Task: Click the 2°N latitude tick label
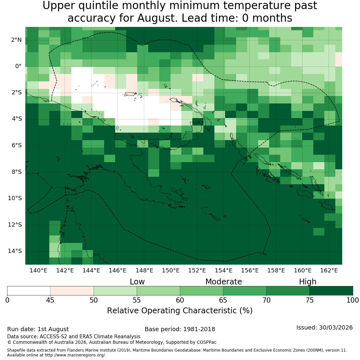click(x=16, y=40)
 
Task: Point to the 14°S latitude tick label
click(x=15, y=251)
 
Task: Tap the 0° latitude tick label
click(x=18, y=66)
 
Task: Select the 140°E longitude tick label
click(x=38, y=270)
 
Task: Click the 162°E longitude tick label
click(x=329, y=270)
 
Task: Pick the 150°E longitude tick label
click(x=171, y=270)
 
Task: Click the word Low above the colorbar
click(x=137, y=282)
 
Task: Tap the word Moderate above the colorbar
click(x=223, y=282)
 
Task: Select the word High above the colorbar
click(x=307, y=282)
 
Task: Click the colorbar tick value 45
click(x=50, y=300)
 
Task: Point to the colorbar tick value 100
click(x=353, y=300)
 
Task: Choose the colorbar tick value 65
click(x=223, y=300)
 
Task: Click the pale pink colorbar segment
click(x=72, y=291)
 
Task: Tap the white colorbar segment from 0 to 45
click(x=29, y=291)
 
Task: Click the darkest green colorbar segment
click(x=331, y=291)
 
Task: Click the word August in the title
click(x=157, y=18)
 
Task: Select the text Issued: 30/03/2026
click(x=324, y=328)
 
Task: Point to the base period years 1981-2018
click(x=199, y=329)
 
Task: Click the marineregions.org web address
click(x=75, y=355)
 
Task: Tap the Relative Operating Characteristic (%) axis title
click(x=180, y=311)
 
